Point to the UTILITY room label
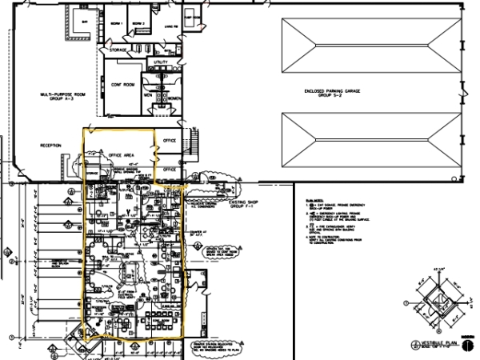pos(160,61)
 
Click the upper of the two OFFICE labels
pos(169,141)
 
